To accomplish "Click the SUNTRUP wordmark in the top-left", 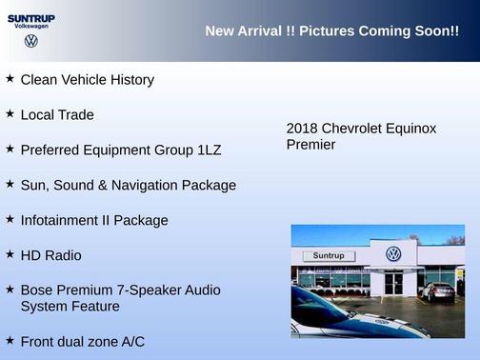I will coord(30,18).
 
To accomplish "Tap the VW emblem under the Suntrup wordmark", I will coord(31,41).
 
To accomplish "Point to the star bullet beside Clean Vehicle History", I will coord(10,79).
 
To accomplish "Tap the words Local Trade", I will coord(57,115).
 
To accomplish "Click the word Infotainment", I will coord(61,220).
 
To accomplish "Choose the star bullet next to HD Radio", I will coord(10,254).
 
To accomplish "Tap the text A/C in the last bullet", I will coord(130,341).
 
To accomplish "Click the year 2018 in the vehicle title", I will coord(302,129).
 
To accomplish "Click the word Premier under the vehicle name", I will coord(310,145).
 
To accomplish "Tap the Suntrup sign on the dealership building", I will coord(328,256).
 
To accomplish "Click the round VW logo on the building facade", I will coord(392,254).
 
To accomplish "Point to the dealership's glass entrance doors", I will coord(393,283).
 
